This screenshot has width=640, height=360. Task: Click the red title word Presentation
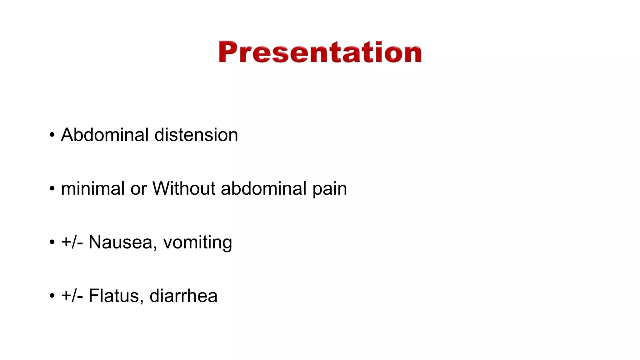click(320, 52)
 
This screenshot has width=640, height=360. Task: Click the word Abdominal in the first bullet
click(105, 135)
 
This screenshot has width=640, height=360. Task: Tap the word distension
click(196, 135)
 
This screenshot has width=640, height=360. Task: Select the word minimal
click(93, 189)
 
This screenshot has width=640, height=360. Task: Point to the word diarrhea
click(183, 296)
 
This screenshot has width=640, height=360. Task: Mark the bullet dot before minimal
click(52, 189)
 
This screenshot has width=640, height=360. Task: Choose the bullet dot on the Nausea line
click(52, 242)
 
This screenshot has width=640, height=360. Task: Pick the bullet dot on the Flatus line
click(52, 296)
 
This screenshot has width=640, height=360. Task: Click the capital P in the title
click(227, 52)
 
